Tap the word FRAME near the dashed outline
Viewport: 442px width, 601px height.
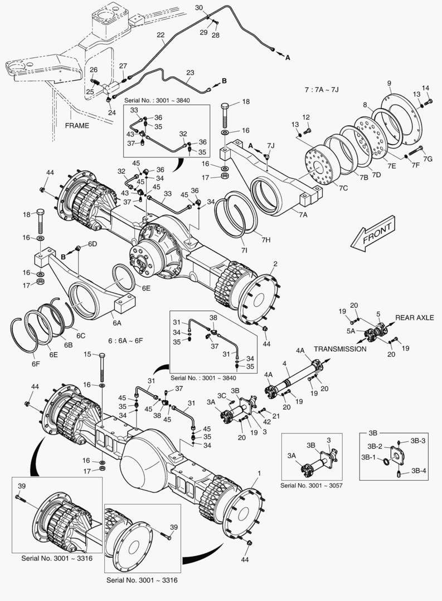tap(76, 125)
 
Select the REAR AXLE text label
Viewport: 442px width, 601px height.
tap(414, 317)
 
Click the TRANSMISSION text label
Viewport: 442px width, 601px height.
tap(340, 349)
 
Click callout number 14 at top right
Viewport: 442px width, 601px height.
tap(425, 87)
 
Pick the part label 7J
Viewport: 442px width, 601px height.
tap(270, 146)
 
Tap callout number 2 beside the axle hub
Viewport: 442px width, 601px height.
tap(274, 263)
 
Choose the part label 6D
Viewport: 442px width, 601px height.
tap(93, 244)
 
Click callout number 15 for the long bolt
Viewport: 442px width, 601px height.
tap(87, 354)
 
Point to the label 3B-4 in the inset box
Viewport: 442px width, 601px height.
tap(419, 470)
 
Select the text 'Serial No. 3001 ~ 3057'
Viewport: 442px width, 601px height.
tap(311, 485)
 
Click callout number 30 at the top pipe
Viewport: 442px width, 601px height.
tap(199, 7)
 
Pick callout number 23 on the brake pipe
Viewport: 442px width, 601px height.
tap(190, 73)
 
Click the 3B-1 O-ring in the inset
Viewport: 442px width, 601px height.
tap(384, 460)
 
